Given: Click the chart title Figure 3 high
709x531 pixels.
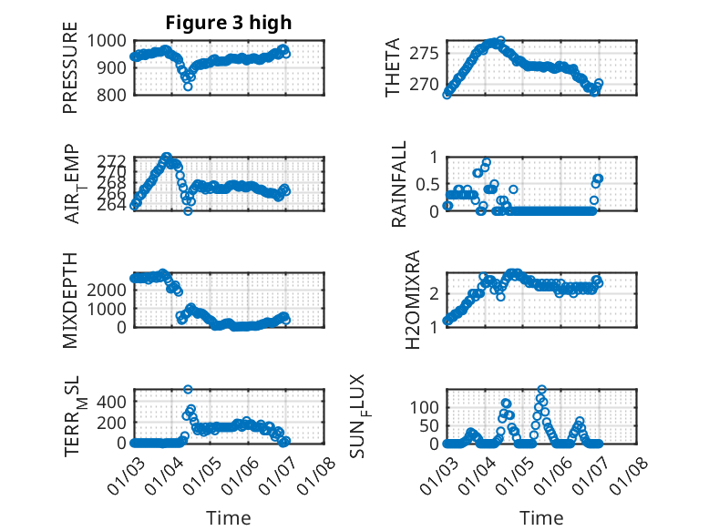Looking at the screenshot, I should coord(229,22).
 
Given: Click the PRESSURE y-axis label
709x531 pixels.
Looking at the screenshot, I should coord(70,73).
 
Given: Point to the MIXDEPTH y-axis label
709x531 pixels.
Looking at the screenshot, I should coord(70,300).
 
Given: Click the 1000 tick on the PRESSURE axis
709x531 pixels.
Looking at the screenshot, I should coord(109,41).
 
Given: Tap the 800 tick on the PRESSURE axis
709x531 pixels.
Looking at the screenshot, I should coord(115,95).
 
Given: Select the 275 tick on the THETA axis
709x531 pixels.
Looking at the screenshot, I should coord(427,53).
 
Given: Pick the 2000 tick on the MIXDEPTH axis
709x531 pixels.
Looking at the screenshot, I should coord(108,289).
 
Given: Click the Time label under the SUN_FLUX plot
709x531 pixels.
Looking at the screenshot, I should coord(541,517).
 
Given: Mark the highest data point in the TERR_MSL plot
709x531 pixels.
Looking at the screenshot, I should coord(188,390).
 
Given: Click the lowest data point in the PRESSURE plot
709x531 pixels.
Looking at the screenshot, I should coord(188,87).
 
